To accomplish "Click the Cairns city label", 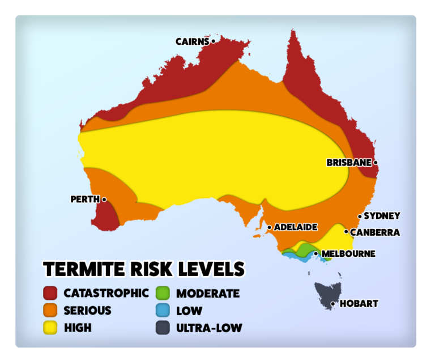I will pos(192,41).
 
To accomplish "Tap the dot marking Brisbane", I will pos(376,163).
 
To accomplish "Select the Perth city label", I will pos(85,200).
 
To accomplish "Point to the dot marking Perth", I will pos(104,200).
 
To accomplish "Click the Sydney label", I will pos(382,216).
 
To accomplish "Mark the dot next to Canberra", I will pos(346,231).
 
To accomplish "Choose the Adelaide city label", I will pos(296,227).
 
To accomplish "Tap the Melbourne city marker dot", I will pos(316,253).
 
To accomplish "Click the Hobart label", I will pos(358,304).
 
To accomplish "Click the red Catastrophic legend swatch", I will pos(51,293).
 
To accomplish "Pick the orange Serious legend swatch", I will pos(51,311).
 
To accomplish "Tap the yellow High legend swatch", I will pos(51,328).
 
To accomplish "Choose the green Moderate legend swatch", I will pos(163,293).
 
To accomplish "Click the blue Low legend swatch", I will pos(163,311).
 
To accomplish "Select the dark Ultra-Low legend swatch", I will pos(163,328).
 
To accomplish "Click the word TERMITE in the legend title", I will pos(82,269).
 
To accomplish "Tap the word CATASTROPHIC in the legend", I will pos(106,293).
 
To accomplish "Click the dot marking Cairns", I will pos(213,41).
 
